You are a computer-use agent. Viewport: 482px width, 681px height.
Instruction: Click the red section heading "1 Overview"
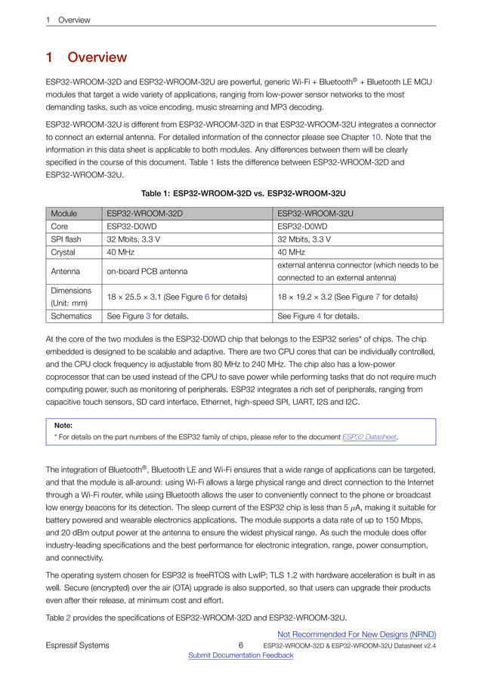pos(86,57)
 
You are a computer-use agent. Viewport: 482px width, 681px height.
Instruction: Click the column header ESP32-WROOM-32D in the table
pos(144,214)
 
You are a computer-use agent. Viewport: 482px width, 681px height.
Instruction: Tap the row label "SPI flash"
pos(66,239)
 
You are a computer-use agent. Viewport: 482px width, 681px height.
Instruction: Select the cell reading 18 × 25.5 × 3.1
pos(177,297)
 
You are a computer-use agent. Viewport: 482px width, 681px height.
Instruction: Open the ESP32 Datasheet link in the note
pos(369,436)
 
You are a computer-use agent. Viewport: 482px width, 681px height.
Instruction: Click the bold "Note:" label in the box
pos(63,425)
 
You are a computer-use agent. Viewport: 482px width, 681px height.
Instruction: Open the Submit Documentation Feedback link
pos(240,655)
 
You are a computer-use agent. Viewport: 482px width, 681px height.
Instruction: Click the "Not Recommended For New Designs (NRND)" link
pos(357,634)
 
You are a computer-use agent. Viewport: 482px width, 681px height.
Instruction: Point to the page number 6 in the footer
pos(240,646)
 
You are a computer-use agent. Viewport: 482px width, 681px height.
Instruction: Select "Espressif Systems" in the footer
pos(77,646)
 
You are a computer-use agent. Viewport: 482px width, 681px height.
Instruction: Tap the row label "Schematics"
pos(71,316)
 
